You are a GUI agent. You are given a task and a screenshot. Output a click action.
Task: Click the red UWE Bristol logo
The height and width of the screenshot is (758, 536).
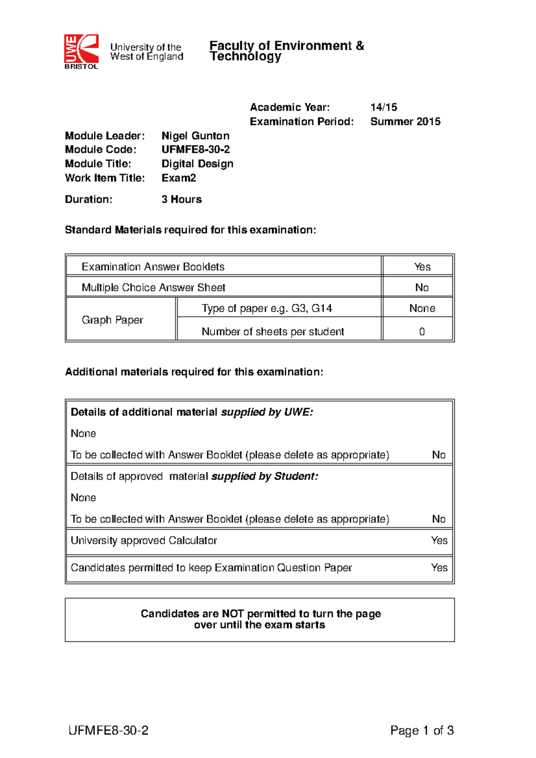(x=81, y=51)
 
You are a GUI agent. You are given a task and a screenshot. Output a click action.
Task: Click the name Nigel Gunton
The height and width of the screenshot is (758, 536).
(x=195, y=136)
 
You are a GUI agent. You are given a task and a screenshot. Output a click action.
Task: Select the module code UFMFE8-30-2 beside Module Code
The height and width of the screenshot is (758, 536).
(x=196, y=150)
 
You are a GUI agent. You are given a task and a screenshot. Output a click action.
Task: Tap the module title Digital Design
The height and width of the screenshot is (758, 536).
(x=197, y=164)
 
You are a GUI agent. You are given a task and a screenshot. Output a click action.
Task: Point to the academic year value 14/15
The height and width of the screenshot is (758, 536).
(x=383, y=107)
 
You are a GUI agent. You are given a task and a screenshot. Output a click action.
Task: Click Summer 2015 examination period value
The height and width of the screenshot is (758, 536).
(x=405, y=121)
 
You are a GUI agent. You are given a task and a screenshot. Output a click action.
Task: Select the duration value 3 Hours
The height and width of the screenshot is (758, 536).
(x=181, y=200)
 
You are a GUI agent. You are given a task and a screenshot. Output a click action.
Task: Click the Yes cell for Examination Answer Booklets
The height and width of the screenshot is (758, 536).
(x=422, y=267)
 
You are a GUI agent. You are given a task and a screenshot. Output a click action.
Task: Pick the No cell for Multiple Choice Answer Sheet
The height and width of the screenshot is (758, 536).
(x=422, y=287)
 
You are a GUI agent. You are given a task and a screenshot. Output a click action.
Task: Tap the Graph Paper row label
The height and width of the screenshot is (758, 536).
(x=112, y=320)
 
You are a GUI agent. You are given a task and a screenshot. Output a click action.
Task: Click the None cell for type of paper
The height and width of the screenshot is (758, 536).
(x=422, y=308)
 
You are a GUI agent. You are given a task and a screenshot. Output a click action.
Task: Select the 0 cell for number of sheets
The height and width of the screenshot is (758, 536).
(x=422, y=332)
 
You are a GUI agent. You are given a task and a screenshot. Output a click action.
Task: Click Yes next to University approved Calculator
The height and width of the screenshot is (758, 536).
(x=439, y=541)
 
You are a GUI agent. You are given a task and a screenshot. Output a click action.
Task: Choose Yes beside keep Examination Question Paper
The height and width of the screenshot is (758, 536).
(x=439, y=568)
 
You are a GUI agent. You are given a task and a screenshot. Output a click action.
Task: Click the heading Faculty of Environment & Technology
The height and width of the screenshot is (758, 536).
(x=286, y=51)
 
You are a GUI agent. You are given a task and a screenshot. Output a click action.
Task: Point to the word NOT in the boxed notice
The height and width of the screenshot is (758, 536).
(x=232, y=614)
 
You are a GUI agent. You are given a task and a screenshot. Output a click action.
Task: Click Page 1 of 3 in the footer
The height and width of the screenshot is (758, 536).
(x=422, y=730)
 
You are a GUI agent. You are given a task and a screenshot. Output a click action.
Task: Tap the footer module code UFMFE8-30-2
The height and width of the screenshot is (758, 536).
(x=109, y=730)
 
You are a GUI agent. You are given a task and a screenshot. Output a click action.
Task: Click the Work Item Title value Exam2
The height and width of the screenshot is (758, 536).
(x=179, y=178)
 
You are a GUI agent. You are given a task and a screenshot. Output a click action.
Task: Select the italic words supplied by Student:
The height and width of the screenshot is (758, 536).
(x=264, y=476)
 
